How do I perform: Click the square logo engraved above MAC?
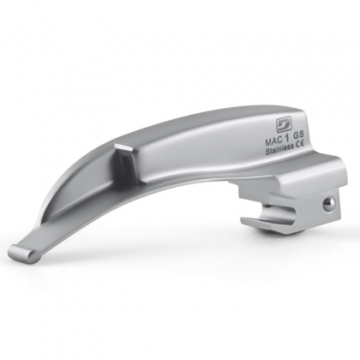click(282, 125)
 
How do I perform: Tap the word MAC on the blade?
click(273, 141)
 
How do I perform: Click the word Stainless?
click(279, 149)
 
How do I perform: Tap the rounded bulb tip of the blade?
click(23, 253)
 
